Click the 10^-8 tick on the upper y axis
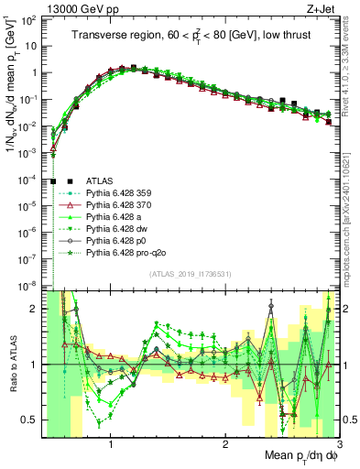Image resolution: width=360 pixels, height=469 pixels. (x=28, y=287)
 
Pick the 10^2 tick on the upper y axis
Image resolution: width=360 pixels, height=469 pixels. (x=30, y=19)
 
